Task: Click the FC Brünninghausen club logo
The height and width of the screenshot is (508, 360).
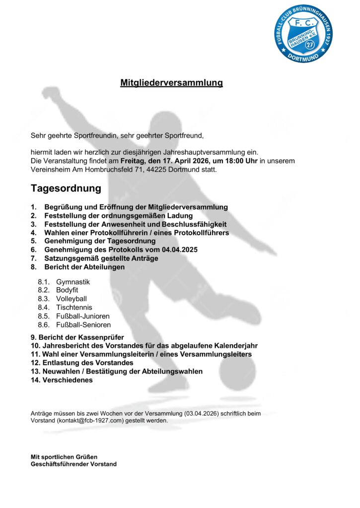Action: [x=304, y=34]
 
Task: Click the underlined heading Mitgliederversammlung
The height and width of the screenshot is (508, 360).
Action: [x=171, y=83]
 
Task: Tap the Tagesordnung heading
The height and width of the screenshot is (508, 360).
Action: [x=66, y=189]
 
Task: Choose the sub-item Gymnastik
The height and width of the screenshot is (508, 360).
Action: [x=73, y=282]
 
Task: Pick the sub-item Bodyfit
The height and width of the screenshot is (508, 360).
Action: [x=67, y=290]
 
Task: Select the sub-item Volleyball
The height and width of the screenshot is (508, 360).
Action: [x=72, y=299]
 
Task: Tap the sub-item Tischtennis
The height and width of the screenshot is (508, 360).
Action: [x=74, y=308]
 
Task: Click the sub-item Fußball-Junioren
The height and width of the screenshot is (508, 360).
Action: [x=83, y=316]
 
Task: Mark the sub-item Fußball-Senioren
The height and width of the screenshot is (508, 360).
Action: [x=83, y=325]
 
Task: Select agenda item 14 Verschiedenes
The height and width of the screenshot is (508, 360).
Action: [x=62, y=380]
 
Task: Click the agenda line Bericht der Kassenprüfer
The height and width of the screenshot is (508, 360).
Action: [x=77, y=337]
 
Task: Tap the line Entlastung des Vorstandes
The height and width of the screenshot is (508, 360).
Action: [x=82, y=363]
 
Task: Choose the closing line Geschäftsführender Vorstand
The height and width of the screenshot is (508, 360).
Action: [x=73, y=464]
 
